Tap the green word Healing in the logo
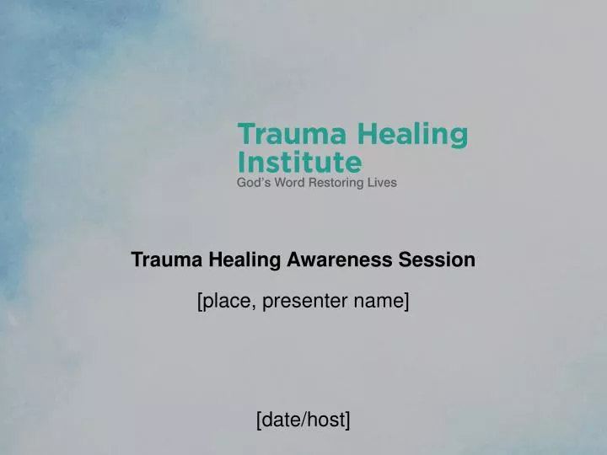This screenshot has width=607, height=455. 413,135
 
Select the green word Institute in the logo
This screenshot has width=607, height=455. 300,161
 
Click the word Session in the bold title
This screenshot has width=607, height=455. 443,260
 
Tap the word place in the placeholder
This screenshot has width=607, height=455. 226,300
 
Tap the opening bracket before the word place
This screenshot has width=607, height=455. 200,300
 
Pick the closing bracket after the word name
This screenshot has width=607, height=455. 406,300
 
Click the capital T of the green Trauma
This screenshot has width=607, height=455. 247,135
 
